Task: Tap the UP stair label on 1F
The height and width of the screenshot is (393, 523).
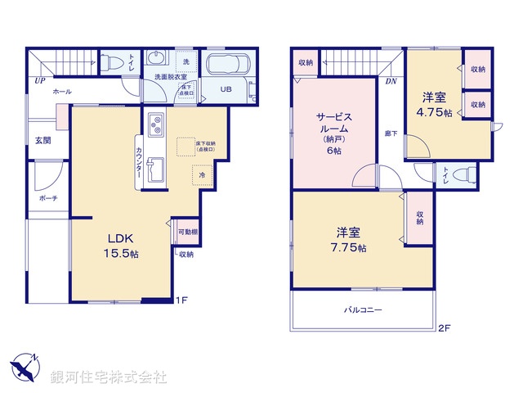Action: click(39, 80)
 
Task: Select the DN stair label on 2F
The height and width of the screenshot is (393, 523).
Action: click(391, 81)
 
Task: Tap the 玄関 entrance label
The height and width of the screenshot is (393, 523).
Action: click(42, 140)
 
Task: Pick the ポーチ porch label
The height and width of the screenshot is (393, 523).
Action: click(48, 197)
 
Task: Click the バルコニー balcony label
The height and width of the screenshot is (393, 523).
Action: click(363, 309)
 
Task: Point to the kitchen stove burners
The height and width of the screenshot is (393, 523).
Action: click(154, 125)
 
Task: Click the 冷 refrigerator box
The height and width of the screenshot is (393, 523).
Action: click(200, 174)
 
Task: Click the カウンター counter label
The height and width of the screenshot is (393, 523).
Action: click(141, 157)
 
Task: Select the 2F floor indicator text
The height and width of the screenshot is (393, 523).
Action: click(444, 329)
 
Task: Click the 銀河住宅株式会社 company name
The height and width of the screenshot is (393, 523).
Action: click(109, 377)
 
